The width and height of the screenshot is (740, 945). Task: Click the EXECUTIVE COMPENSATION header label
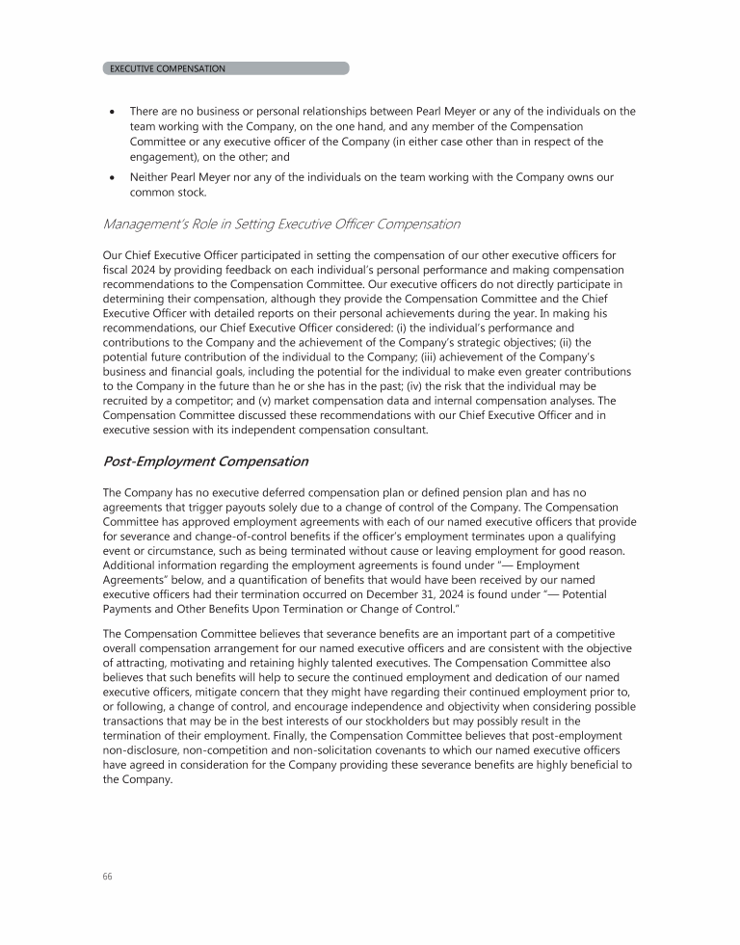coord(168,69)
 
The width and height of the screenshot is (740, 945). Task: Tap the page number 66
coord(107,877)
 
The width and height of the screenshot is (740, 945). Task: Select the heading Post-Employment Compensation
coord(205,461)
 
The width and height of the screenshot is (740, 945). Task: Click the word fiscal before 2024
coord(117,270)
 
